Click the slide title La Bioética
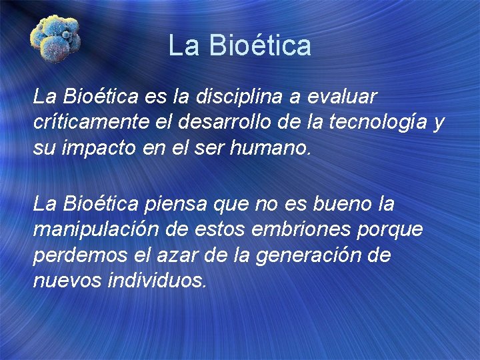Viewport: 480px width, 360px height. pos(239,45)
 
